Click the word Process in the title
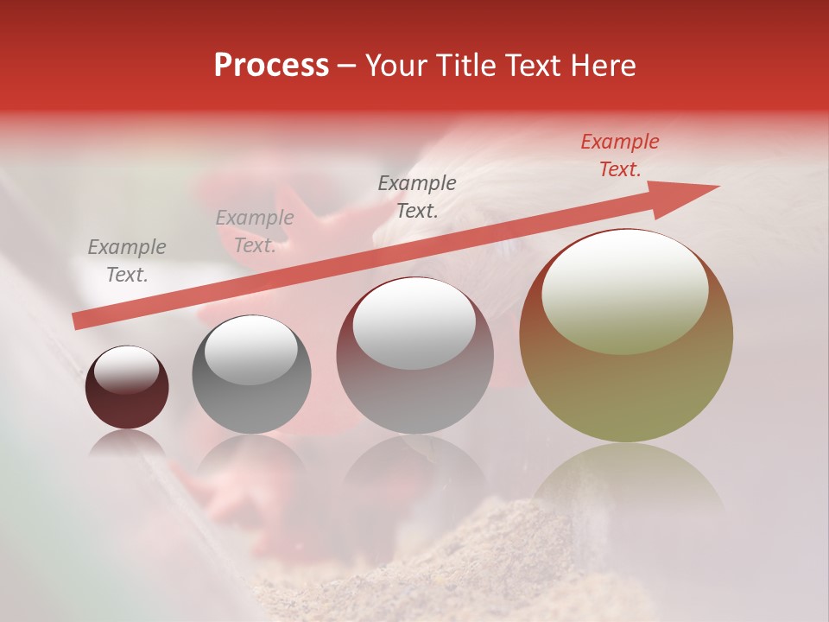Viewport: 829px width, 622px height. pyautogui.click(x=271, y=66)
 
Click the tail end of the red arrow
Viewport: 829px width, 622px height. pyautogui.click(x=78, y=322)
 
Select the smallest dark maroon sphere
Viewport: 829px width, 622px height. pyautogui.click(x=127, y=388)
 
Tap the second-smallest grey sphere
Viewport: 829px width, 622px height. pyautogui.click(x=251, y=374)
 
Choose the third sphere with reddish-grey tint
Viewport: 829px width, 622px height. pyautogui.click(x=415, y=355)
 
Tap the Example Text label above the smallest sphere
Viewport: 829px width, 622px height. pyautogui.click(x=127, y=260)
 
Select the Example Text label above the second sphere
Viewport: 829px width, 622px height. pyautogui.click(x=255, y=232)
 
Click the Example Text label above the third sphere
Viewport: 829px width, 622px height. pyautogui.click(x=417, y=196)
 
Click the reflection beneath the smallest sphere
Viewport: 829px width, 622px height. pyautogui.click(x=127, y=444)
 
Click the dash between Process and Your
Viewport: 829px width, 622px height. pyautogui.click(x=347, y=67)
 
